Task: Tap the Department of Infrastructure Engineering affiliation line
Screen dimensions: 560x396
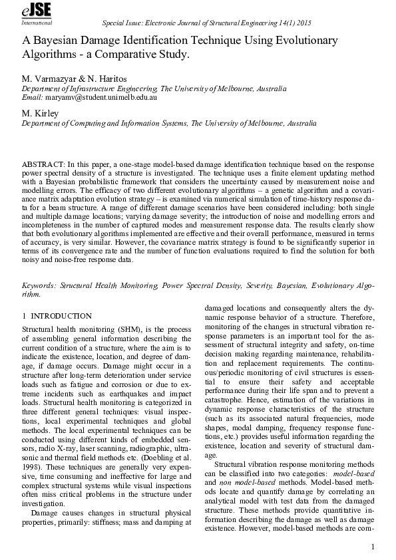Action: coord(154,88)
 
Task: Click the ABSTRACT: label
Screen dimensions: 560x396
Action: coord(42,163)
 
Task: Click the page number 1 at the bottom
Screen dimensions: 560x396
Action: coord(374,546)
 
